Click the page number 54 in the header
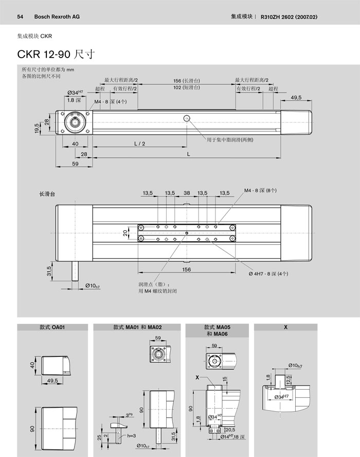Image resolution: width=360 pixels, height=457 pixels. pyautogui.click(x=21, y=16)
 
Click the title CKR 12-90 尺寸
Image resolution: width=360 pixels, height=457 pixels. pyautogui.click(x=55, y=54)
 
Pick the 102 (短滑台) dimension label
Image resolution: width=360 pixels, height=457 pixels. pyautogui.click(x=186, y=88)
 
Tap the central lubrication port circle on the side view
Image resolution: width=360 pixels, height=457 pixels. pyautogui.click(x=186, y=119)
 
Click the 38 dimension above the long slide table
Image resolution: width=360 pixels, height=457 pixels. pyautogui.click(x=187, y=193)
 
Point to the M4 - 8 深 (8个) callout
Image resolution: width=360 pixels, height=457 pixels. pyautogui.click(x=260, y=190)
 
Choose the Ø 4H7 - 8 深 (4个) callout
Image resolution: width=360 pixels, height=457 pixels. pyautogui.click(x=276, y=273)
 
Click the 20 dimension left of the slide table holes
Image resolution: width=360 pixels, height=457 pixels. pyautogui.click(x=124, y=233)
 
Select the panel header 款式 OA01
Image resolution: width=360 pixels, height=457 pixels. pyautogui.click(x=51, y=327)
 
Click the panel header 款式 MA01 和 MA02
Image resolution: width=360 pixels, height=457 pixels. pyautogui.click(x=137, y=327)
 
